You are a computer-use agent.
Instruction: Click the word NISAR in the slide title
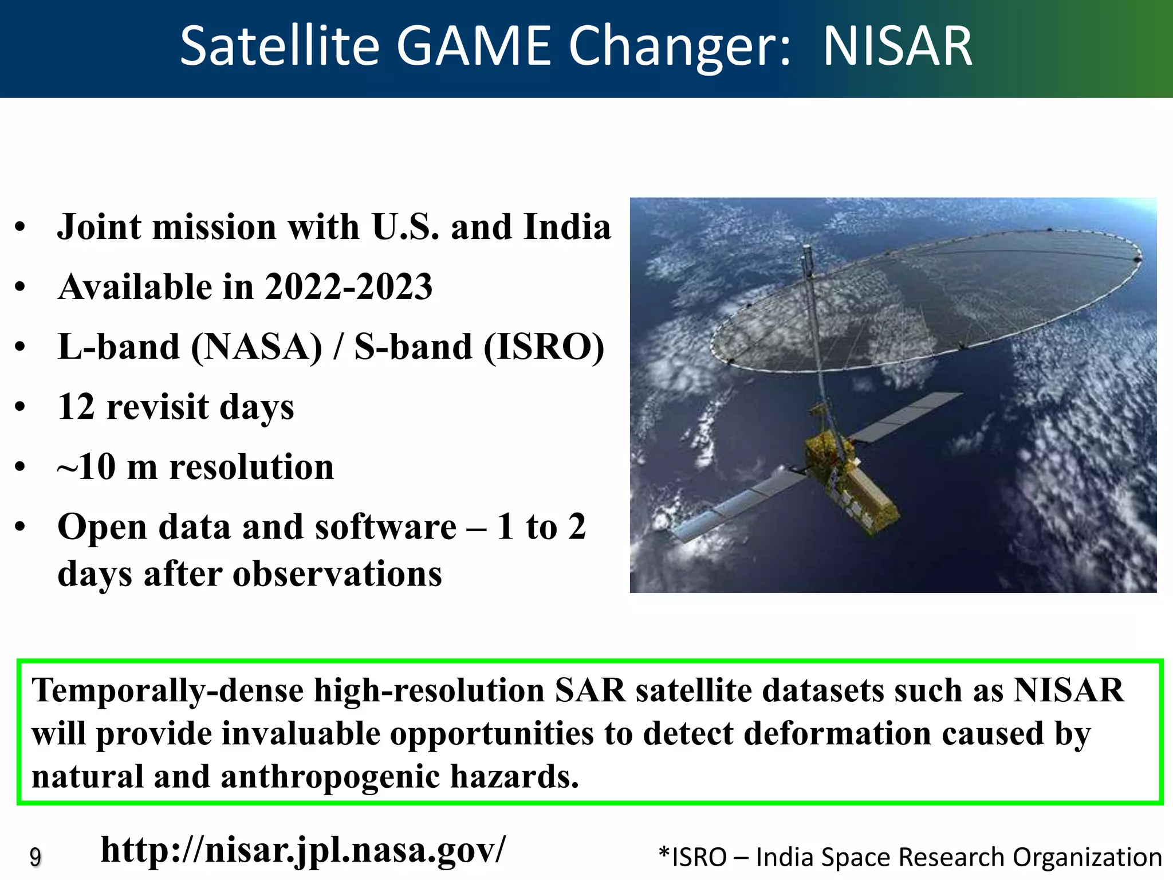coord(897,47)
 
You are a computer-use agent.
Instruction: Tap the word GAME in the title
coord(473,47)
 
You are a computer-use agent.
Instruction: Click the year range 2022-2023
coord(348,287)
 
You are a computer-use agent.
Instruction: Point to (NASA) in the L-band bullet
coord(257,348)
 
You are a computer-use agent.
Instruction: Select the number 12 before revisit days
coord(76,407)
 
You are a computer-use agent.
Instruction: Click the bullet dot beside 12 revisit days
coord(21,407)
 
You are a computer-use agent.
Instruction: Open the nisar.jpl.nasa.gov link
coord(304,850)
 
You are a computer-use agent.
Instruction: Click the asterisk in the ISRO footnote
coord(664,855)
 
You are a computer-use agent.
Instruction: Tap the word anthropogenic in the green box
coord(330,777)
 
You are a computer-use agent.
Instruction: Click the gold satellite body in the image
coord(848,481)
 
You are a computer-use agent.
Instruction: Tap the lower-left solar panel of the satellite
coord(739,504)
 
